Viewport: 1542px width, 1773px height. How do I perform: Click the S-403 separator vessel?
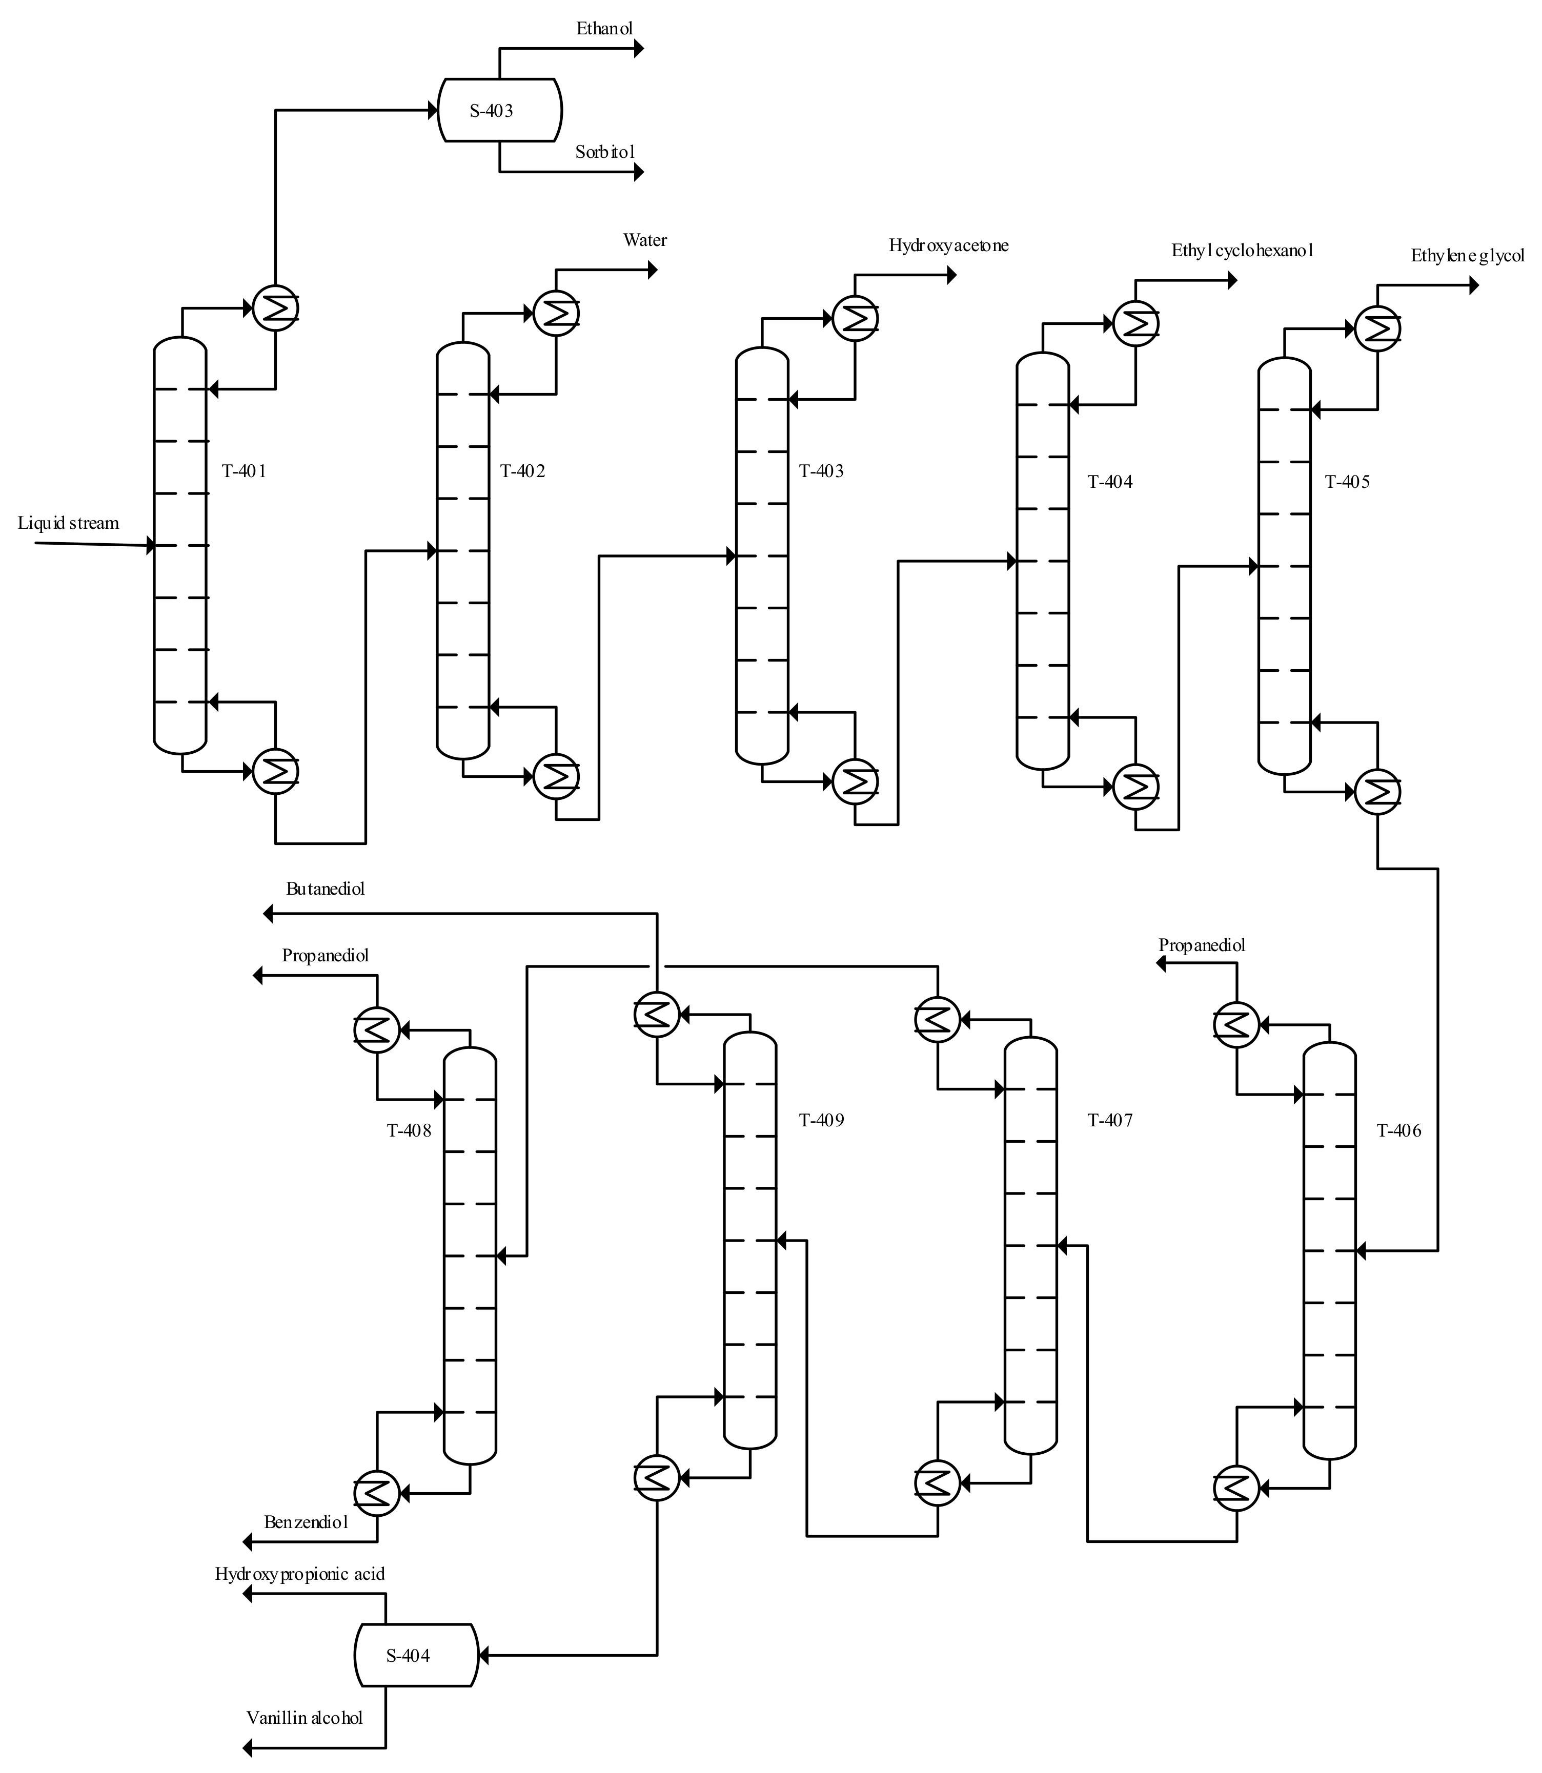point(499,110)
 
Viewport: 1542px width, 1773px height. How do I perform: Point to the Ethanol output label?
point(604,28)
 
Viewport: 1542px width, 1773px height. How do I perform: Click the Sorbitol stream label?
point(605,152)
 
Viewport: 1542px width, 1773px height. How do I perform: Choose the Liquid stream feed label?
point(68,523)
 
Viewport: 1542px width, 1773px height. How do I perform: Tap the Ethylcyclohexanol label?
point(1242,251)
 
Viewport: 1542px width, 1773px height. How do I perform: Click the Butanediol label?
point(325,889)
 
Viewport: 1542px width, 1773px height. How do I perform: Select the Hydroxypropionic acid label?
point(299,1574)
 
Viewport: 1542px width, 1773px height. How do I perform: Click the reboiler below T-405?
point(1377,791)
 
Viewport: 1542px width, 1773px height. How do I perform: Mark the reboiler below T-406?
point(1236,1488)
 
